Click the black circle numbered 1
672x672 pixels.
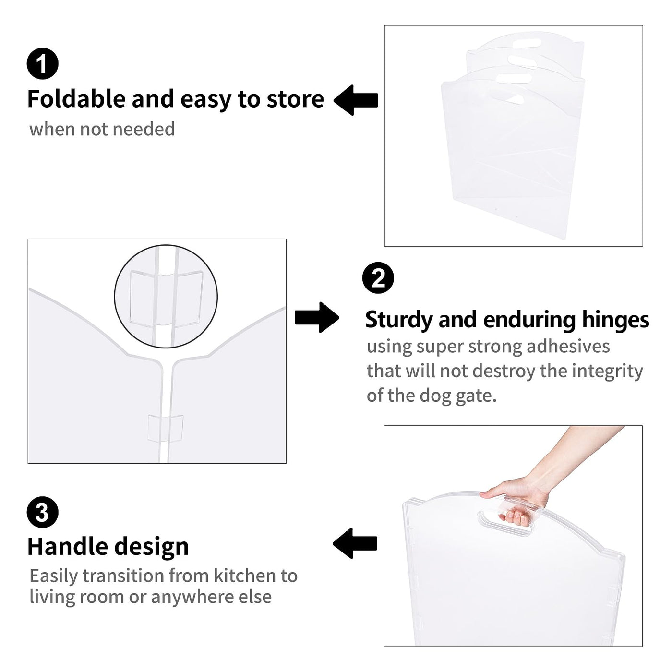point(43,63)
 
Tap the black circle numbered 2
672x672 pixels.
point(378,278)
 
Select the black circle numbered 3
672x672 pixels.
point(43,512)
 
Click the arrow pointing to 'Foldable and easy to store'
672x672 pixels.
point(356,100)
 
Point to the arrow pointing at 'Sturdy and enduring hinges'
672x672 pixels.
point(317,317)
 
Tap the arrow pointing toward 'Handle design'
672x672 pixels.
point(355,543)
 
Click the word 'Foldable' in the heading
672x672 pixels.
point(77,99)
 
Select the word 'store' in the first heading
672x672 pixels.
point(295,100)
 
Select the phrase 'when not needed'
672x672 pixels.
point(102,130)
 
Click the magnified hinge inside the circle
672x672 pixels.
point(166,299)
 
